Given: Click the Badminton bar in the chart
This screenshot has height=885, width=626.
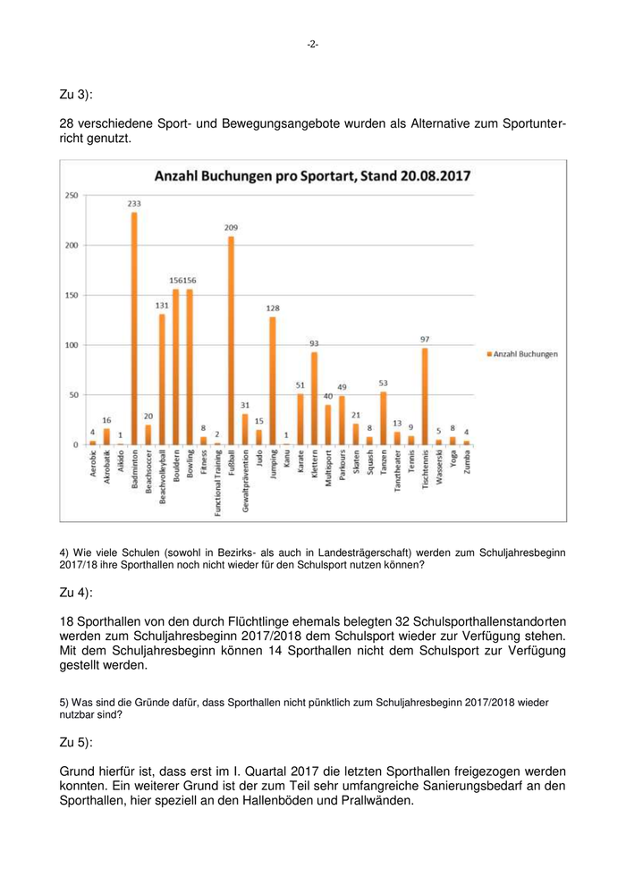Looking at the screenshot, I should (134, 328).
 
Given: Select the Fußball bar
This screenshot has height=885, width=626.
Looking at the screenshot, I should (231, 341).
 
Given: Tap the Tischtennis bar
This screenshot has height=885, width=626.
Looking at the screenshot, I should (425, 396).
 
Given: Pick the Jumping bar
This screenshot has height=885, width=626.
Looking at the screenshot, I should (273, 381).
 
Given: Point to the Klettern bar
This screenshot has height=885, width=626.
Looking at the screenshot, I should (314, 398).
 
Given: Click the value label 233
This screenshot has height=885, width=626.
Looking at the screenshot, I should (134, 204).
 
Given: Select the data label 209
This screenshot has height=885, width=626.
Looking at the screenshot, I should (231, 228).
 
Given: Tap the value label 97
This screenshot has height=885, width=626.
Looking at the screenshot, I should (425, 340).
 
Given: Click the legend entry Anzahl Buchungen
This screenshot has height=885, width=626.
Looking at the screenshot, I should (525, 354).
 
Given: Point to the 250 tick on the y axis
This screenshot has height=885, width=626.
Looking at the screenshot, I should (72, 195).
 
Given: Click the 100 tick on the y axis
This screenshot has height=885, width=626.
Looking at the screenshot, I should (72, 345).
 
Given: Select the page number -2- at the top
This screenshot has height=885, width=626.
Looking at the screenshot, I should (312, 44).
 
